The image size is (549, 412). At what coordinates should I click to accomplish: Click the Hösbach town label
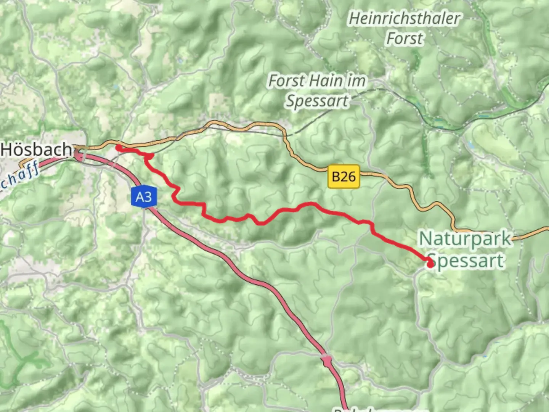coord(36,149)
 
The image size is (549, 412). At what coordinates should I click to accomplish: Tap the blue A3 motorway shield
coord(143,197)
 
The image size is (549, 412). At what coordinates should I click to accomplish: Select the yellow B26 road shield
coord(344,177)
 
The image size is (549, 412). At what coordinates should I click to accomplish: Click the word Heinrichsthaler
coord(405,19)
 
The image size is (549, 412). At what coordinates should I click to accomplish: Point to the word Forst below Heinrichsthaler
coord(405,39)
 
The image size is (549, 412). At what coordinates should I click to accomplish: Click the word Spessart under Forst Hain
coord(317,101)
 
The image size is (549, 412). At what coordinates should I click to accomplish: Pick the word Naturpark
coord(465,239)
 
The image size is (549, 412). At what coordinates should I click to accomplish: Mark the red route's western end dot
coord(119,148)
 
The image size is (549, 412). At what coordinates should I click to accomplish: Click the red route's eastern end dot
coord(430,264)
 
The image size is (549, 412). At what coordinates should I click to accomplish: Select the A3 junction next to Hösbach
coord(79,154)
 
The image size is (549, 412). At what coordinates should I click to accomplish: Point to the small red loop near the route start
coord(149,156)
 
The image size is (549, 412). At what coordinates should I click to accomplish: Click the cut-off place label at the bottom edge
coord(377,410)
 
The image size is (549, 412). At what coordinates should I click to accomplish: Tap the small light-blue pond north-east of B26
coord(469,145)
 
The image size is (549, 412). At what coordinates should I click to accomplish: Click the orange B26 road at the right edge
coord(541,230)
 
